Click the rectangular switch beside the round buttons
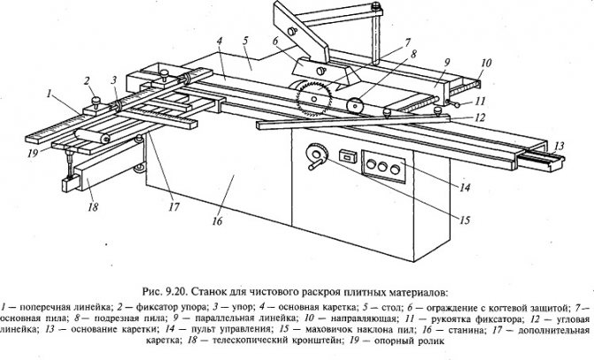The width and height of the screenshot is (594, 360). [346, 157]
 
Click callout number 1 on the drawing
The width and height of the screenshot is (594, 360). [51, 92]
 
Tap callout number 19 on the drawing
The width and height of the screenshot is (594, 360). [32, 152]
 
